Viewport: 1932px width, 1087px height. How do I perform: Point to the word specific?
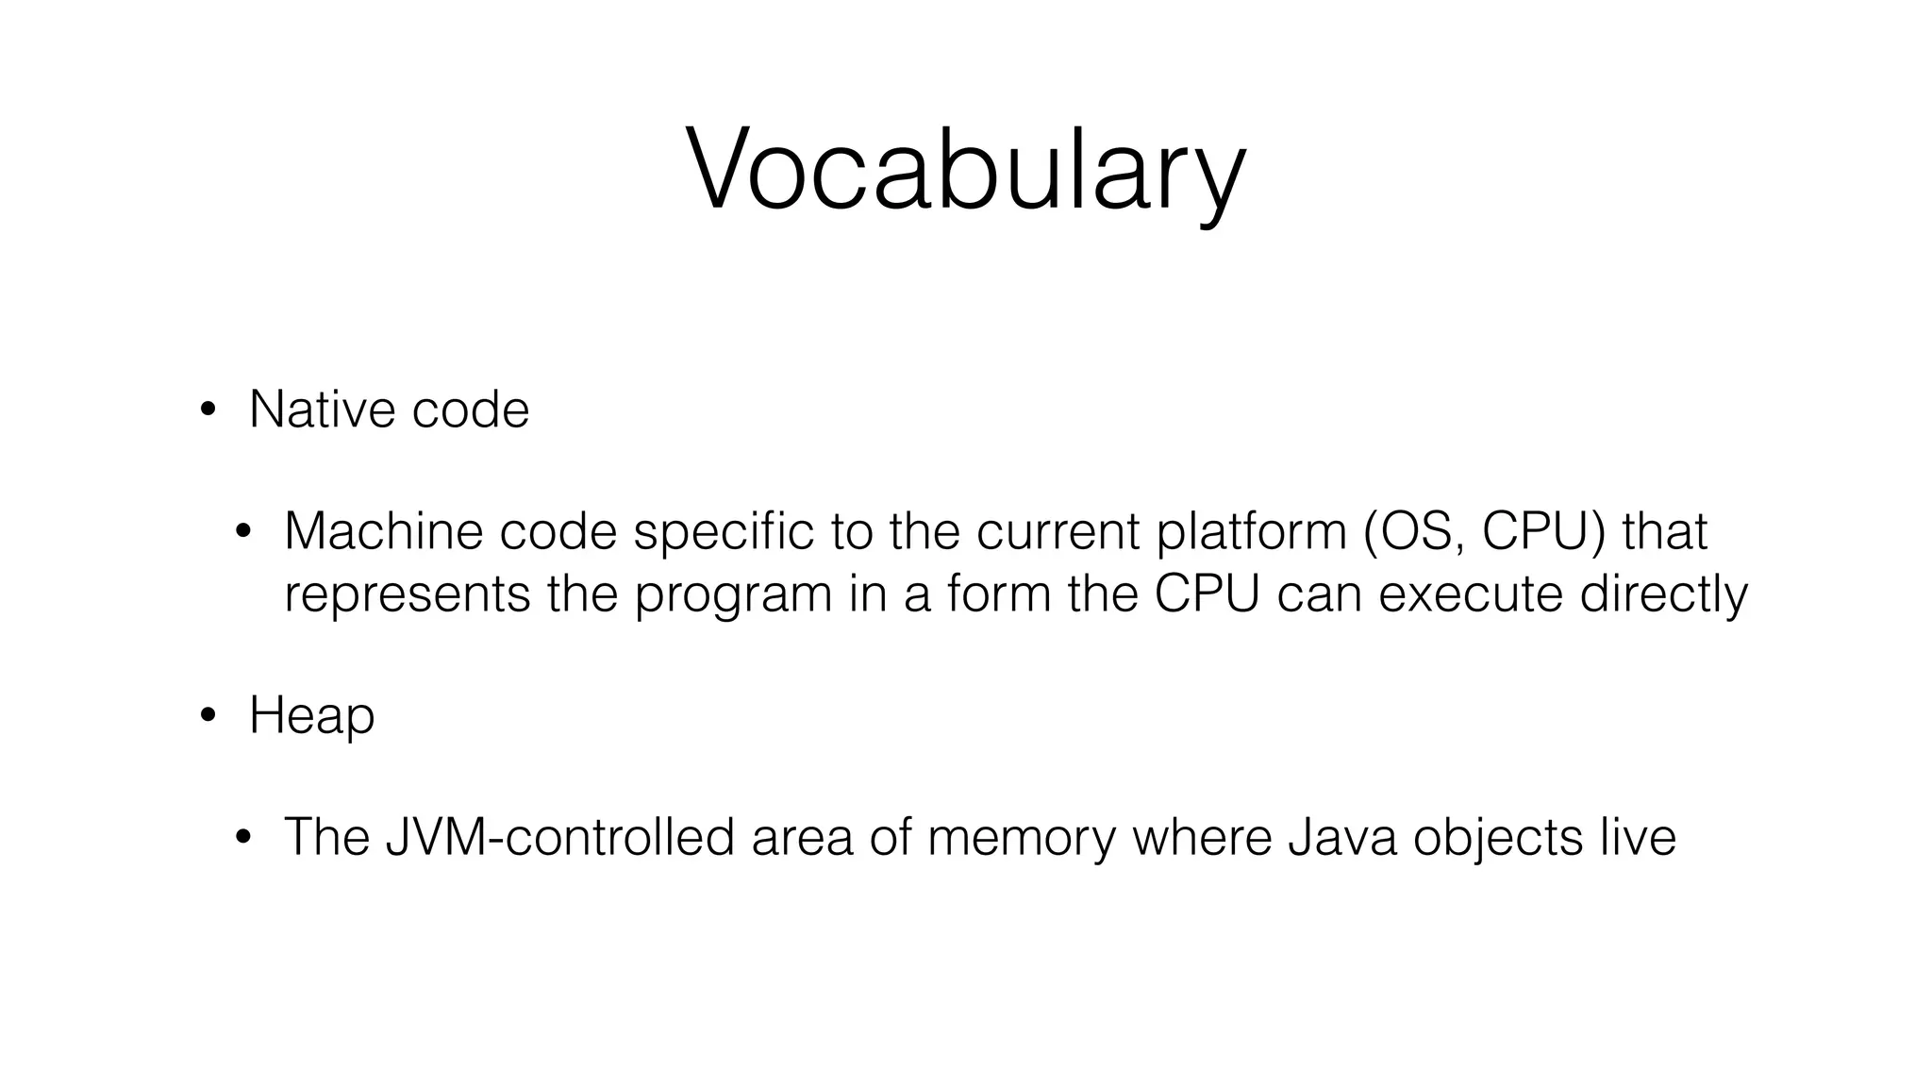[723, 531]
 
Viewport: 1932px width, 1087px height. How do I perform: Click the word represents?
[407, 594]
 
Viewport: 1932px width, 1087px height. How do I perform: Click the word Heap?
[311, 716]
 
